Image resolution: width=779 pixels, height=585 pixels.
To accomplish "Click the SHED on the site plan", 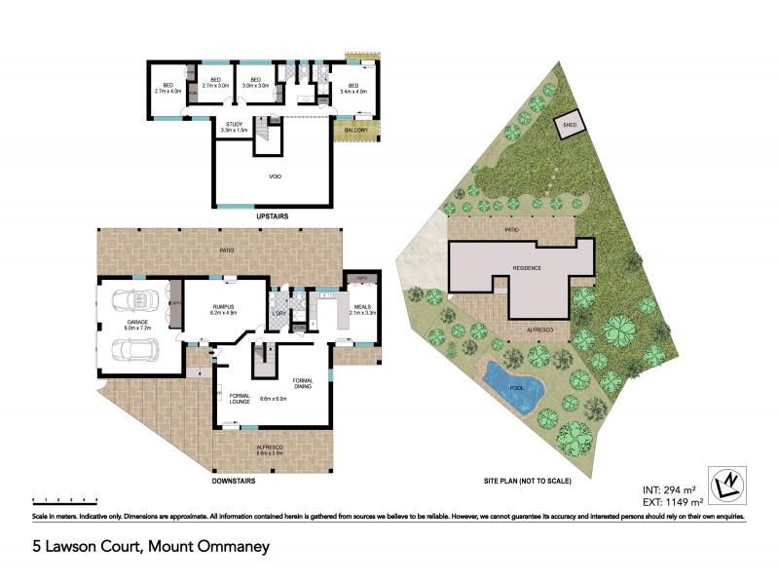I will (x=567, y=126).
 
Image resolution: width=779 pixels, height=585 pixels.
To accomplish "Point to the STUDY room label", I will (x=234, y=124).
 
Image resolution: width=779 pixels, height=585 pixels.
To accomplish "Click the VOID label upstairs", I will (x=276, y=177).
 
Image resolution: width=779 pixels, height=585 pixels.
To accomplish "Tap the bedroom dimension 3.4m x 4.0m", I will (x=350, y=91).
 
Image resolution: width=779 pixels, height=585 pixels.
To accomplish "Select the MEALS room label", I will (x=360, y=306).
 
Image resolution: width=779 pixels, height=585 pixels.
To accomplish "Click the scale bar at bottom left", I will (x=64, y=499).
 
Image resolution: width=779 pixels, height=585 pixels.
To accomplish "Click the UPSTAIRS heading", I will (x=274, y=216).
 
